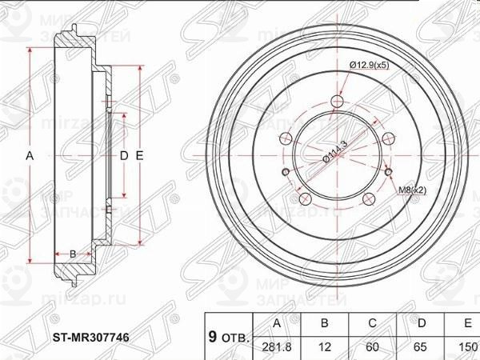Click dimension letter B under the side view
73,254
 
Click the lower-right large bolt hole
368,199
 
